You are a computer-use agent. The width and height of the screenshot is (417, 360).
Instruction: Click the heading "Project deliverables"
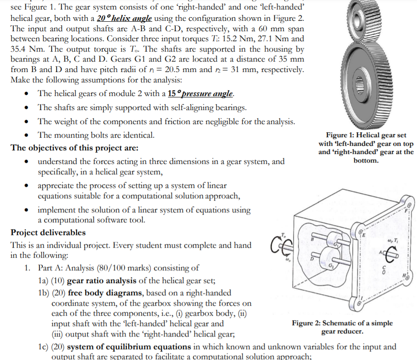[48, 233]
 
